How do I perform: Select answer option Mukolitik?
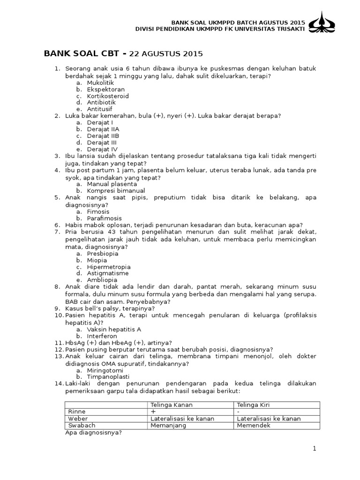coord(100,82)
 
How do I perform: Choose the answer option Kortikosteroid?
coord(107,96)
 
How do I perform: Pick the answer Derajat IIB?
coord(103,135)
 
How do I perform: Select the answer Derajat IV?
coord(102,149)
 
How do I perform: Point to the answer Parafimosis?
coord(104,218)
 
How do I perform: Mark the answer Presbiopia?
coord(102,254)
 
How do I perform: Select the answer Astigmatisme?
coord(108,273)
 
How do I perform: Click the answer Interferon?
coord(101,336)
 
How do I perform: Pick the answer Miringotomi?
coord(105,370)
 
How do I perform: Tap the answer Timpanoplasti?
coord(108,377)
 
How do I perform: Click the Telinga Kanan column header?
coord(172,405)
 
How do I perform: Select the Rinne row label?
coord(77,412)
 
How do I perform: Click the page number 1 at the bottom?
coord(315,449)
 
